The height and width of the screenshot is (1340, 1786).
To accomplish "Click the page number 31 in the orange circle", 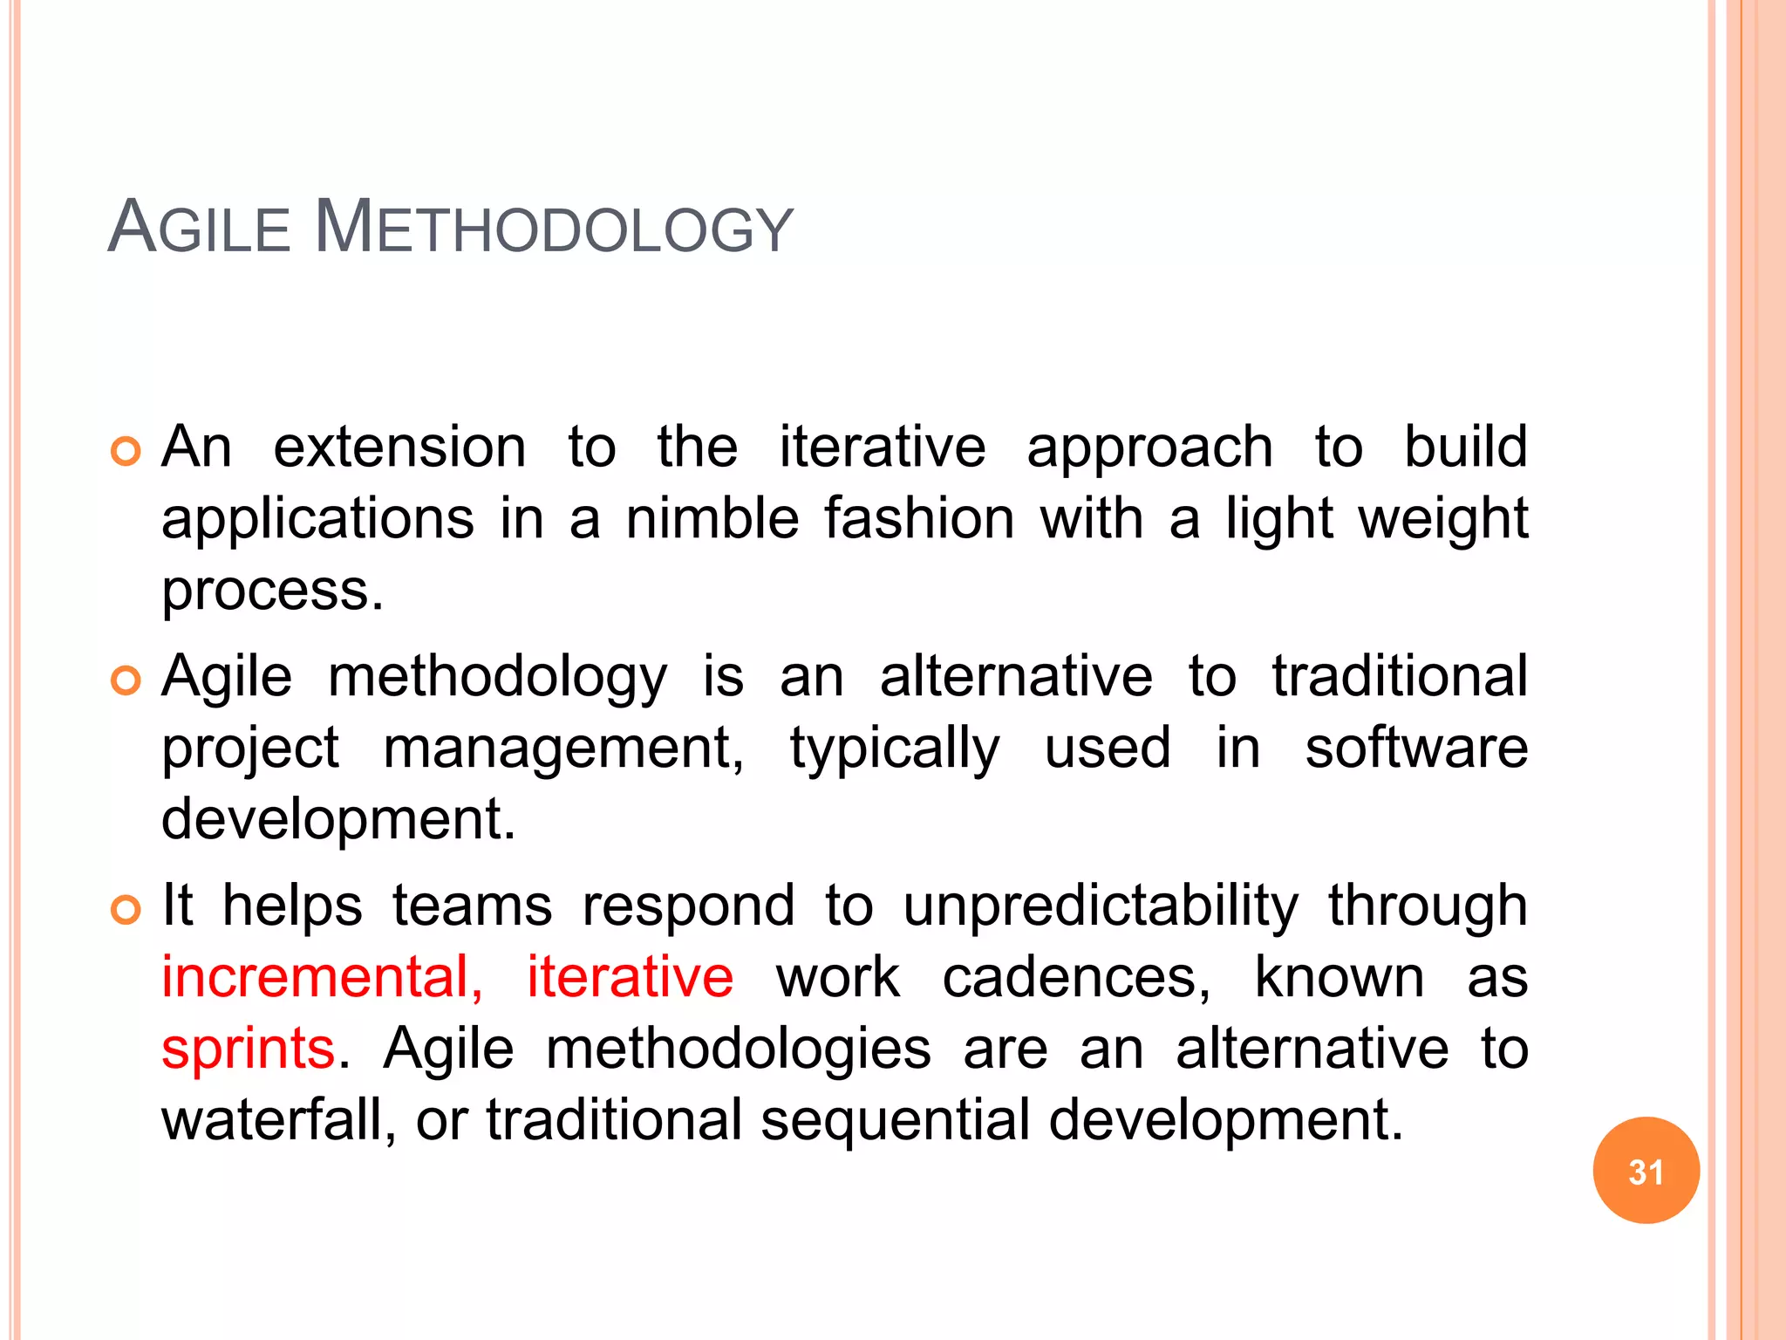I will (1646, 1172).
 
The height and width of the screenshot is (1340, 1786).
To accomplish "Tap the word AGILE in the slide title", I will (199, 229).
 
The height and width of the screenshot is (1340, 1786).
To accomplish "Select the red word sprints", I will (249, 1049).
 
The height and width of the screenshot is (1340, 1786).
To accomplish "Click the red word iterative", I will (630, 977).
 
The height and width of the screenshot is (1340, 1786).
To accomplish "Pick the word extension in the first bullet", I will (399, 448).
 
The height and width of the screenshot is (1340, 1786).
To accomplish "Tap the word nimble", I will (712, 519).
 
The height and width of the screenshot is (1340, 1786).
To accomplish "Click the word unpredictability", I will (1101, 906).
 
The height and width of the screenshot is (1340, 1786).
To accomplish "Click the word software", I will (1416, 749).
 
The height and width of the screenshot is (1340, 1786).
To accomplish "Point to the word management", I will (563, 749).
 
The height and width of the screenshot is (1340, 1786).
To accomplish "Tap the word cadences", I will (1076, 977).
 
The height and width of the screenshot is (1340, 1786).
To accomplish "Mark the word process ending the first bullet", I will (271, 591).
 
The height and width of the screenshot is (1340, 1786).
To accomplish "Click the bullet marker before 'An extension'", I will (126, 451).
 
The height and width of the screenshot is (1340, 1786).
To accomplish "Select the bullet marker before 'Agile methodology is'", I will (126, 680).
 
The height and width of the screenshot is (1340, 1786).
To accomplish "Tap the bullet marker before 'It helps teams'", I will (126, 910).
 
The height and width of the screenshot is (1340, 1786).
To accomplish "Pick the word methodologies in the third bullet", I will (738, 1049).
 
